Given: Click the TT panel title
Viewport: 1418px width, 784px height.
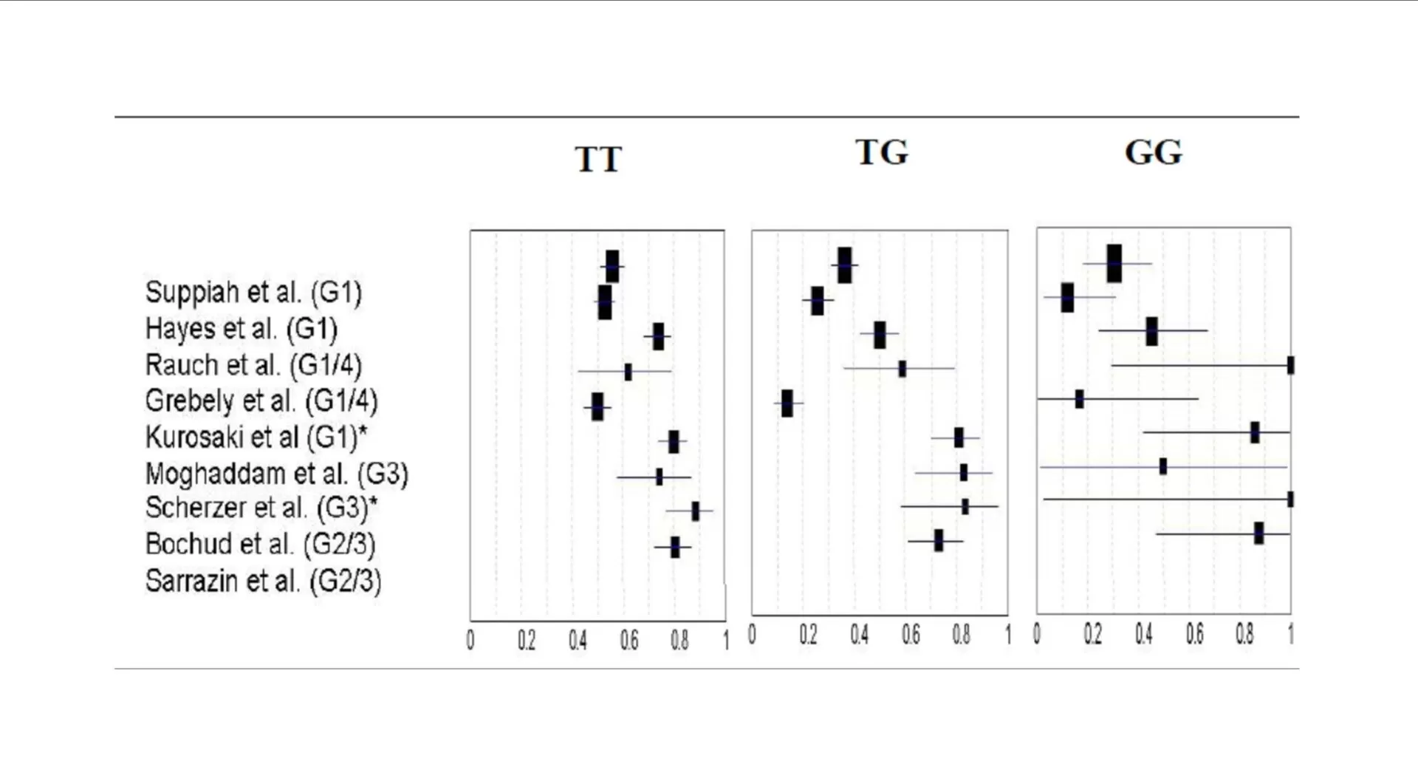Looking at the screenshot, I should [x=598, y=160].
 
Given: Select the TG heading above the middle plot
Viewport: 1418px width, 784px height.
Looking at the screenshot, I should [x=882, y=153].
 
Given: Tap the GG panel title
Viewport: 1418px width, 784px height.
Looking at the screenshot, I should [x=1153, y=153].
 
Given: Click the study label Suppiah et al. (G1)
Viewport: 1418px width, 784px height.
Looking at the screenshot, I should [x=253, y=293].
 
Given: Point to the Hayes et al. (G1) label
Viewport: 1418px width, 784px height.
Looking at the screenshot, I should [x=241, y=329].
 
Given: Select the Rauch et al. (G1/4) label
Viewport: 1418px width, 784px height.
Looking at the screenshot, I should [x=253, y=365].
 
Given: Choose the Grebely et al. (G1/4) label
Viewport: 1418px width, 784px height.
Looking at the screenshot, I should [x=261, y=401].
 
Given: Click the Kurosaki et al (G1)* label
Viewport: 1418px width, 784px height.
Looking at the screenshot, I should [x=256, y=437].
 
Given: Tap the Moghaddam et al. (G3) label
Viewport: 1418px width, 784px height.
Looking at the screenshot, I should [x=276, y=474].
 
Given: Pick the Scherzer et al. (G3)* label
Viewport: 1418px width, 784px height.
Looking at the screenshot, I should [x=261, y=508].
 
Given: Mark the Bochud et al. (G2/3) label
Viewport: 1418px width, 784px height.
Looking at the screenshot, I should [x=260, y=545].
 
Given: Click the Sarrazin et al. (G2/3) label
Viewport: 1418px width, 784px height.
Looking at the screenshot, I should [x=263, y=582].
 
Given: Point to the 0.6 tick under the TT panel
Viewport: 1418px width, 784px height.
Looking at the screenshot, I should [x=629, y=640].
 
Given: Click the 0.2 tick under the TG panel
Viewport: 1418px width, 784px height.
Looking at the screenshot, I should [x=808, y=635].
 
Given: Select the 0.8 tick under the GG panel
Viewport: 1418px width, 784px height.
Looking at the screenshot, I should [x=1244, y=634].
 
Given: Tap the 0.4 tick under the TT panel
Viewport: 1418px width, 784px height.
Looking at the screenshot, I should [x=578, y=640].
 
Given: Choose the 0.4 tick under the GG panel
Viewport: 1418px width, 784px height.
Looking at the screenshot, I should [x=1143, y=634].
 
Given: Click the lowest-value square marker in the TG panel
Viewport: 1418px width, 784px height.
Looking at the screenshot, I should [x=787, y=403].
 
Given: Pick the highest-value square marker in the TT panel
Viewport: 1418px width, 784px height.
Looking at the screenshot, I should [x=695, y=511].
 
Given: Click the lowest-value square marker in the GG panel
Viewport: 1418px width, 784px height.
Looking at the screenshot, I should [x=1067, y=297].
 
